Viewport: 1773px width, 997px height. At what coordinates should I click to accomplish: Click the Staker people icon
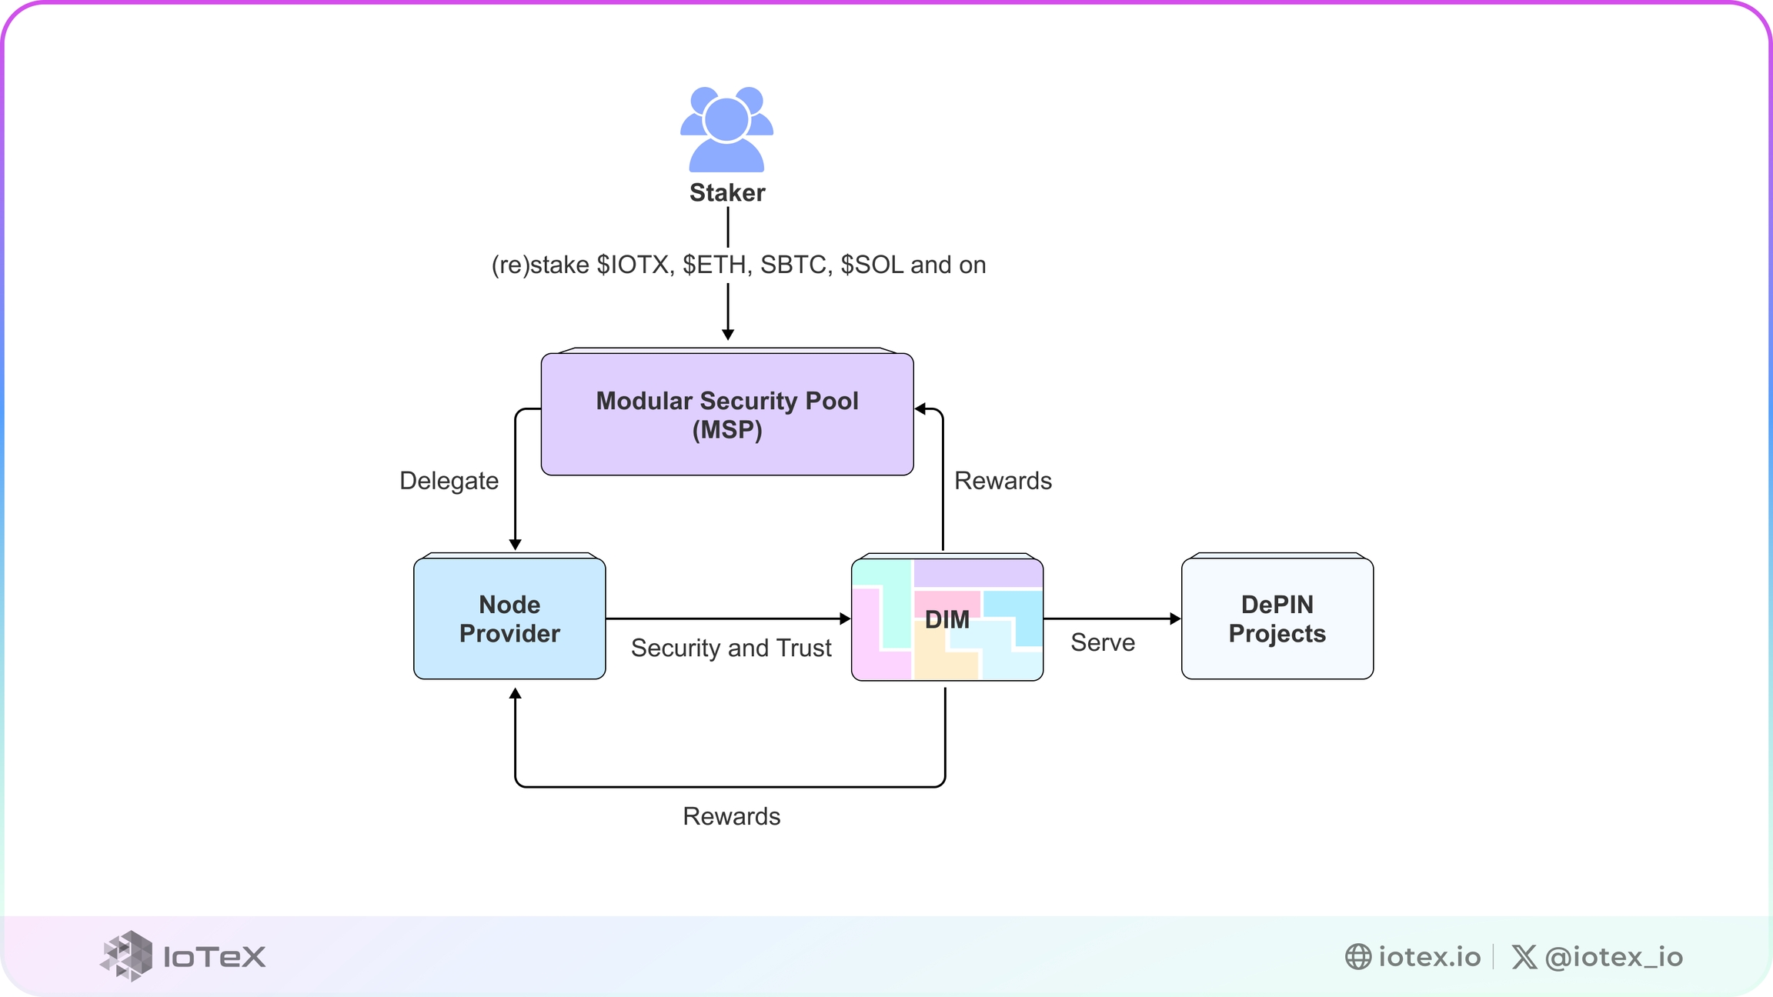click(x=726, y=129)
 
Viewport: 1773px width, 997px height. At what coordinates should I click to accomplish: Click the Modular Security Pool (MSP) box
click(x=727, y=414)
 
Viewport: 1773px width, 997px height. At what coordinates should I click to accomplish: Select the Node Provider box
click(x=509, y=619)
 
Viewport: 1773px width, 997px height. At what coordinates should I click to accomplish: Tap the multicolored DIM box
click(x=947, y=619)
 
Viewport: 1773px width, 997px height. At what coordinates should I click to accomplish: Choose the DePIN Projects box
click(x=1277, y=619)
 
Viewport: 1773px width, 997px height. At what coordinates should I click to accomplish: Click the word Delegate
click(x=449, y=481)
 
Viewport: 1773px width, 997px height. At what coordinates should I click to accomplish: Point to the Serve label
click(x=1103, y=642)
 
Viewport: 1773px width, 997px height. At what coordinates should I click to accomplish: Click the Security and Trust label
click(x=731, y=648)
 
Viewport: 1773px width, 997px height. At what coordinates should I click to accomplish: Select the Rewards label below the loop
click(x=731, y=816)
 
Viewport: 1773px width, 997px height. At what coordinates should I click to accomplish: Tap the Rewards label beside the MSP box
click(x=1003, y=481)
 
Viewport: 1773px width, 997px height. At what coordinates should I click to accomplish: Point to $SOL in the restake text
click(x=872, y=265)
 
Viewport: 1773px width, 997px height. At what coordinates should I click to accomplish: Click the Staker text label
click(x=727, y=192)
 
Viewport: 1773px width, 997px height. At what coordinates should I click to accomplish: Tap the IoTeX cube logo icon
click(x=127, y=955)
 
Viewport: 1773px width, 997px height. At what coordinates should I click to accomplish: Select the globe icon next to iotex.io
click(x=1358, y=956)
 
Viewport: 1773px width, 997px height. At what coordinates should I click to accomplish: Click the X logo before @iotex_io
click(x=1524, y=956)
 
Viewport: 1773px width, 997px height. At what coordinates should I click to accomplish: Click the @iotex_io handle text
click(x=1614, y=956)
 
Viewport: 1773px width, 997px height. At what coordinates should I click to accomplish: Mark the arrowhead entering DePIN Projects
click(x=1175, y=619)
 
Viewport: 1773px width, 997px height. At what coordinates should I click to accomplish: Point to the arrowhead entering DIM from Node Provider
click(x=845, y=619)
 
